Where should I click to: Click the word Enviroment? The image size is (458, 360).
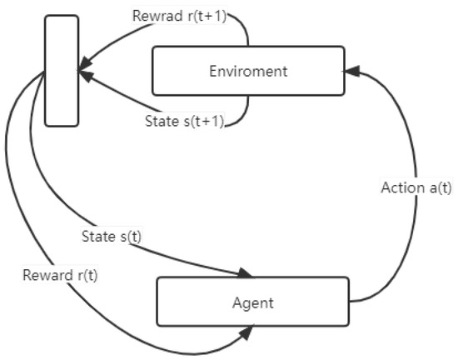247,71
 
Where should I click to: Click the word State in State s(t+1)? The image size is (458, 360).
161,120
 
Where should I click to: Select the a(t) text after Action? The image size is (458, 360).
437,187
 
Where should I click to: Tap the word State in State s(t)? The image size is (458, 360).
97,236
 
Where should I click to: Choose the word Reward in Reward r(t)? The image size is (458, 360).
46,273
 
